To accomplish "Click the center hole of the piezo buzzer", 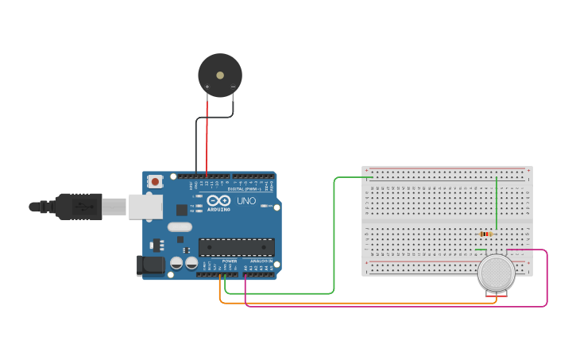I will click(220, 75).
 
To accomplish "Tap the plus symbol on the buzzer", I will click(207, 87).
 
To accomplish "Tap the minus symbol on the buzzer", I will click(233, 87).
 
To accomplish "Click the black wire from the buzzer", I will click(196, 143).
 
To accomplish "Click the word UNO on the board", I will click(246, 201).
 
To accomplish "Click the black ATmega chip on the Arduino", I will click(236, 247).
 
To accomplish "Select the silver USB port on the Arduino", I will click(145, 207).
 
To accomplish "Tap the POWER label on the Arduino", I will click(230, 261).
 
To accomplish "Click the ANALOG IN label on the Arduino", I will click(261, 261).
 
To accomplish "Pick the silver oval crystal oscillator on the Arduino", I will click(180, 227).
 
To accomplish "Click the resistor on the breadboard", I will click(485, 234).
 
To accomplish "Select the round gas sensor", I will click(497, 273).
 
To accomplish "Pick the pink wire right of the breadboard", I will click(547, 278).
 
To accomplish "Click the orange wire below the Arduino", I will click(358, 303).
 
